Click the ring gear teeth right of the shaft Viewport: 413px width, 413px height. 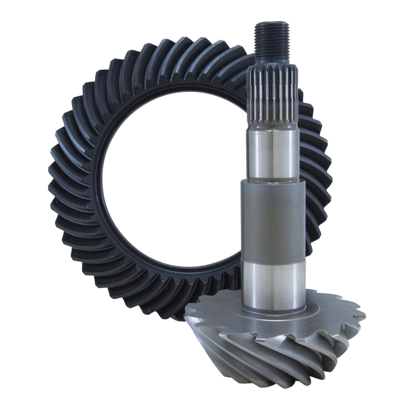point(317,170)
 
